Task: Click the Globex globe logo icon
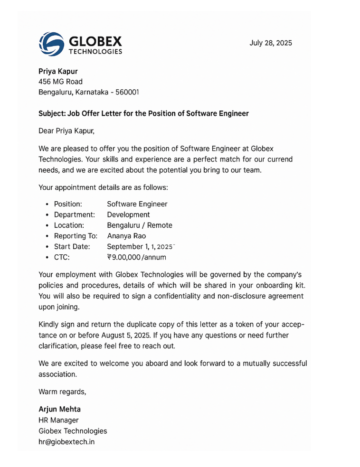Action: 51,44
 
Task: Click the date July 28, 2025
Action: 271,43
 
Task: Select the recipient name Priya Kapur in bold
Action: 58,71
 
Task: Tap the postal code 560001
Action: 127,92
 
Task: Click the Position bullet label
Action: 68,204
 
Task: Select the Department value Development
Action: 128,215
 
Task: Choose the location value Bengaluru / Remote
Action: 140,225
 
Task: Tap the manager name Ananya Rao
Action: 126,236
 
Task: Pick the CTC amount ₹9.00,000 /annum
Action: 136,258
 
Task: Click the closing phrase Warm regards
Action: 62,392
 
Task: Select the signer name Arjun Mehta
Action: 59,409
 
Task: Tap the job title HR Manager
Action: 58,420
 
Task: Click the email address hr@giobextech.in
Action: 66,442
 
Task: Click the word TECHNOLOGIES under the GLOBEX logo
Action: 95,52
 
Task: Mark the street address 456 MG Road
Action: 60,82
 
